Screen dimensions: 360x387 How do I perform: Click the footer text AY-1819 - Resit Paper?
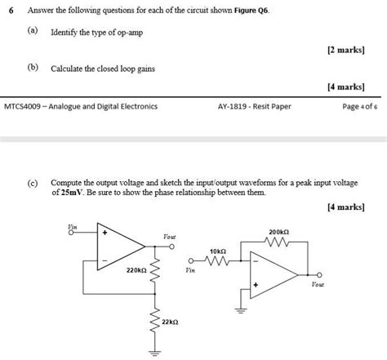[254, 106]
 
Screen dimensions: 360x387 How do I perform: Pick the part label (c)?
[33, 184]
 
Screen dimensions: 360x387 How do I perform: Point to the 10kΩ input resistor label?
[217, 251]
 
